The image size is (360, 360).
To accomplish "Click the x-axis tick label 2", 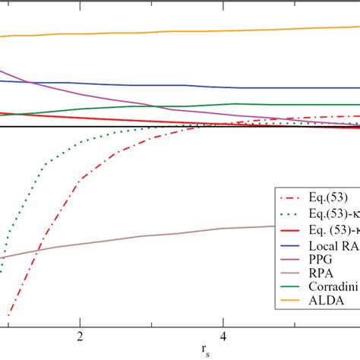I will pyautogui.click(x=80, y=333).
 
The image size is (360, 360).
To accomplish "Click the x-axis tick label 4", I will pyautogui.click(x=223, y=333).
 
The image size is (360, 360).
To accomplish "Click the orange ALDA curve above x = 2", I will pyautogui.click(x=80, y=33).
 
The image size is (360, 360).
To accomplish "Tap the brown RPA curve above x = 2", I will pyautogui.click(x=80, y=243).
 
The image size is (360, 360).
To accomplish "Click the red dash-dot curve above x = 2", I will pyautogui.click(x=80, y=181).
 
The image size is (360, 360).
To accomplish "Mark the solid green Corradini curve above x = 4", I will pyautogui.click(x=223, y=104).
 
